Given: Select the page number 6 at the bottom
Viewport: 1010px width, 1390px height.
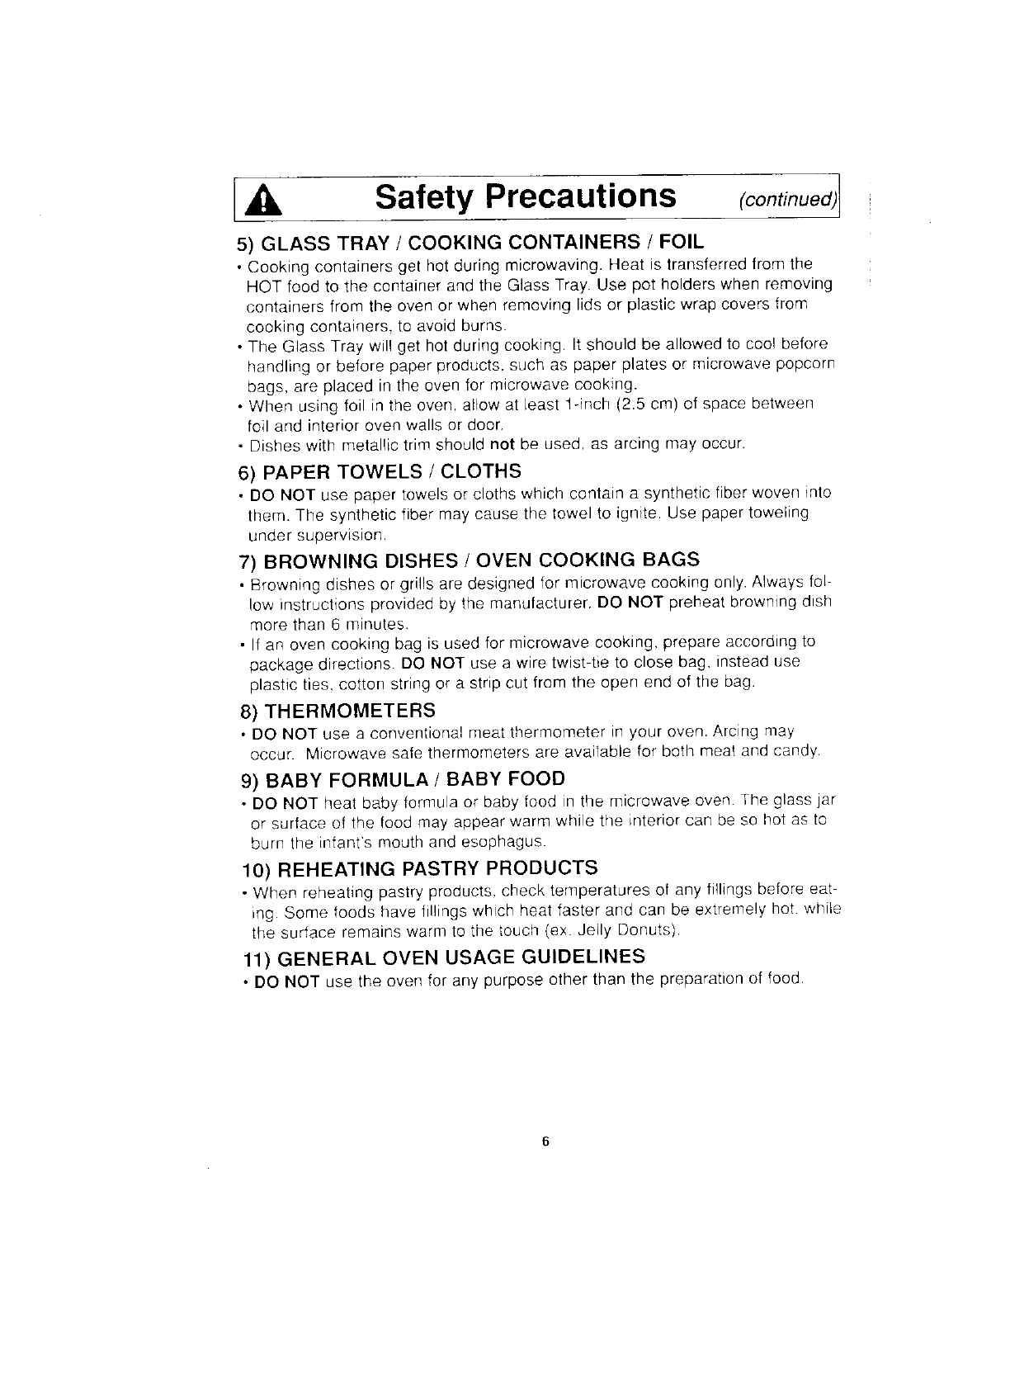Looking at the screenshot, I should pyautogui.click(x=545, y=1142).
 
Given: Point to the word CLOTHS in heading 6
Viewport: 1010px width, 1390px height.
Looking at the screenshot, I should pyautogui.click(x=481, y=471).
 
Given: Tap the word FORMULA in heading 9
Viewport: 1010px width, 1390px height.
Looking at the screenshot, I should pyautogui.click(x=370, y=778).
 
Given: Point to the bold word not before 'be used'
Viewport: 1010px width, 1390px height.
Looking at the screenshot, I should pyautogui.click(x=503, y=444).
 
